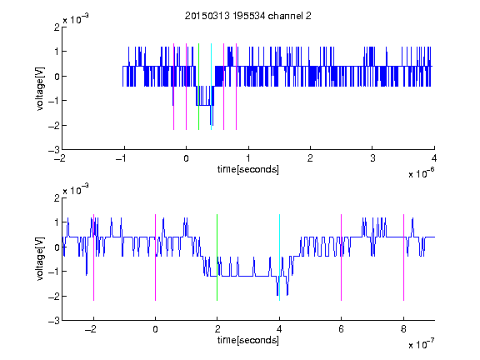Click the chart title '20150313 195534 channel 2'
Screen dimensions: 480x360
click(248, 16)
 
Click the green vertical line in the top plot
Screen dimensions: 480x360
click(198, 87)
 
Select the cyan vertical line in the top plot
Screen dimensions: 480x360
click(211, 87)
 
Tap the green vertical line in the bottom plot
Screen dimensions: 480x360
click(217, 257)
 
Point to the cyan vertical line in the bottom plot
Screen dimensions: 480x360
click(279, 257)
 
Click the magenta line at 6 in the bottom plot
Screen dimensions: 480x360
click(342, 257)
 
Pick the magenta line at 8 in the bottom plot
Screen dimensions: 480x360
click(404, 257)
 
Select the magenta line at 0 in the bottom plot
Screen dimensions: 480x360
click(156, 257)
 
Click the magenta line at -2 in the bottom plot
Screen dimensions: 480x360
click(93, 257)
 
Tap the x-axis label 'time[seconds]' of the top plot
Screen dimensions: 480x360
click(248, 169)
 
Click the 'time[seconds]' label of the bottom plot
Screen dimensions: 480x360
click(248, 340)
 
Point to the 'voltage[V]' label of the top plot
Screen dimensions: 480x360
click(40, 88)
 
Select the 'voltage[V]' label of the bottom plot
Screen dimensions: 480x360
click(40, 259)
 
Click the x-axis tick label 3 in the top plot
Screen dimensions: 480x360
click(372, 158)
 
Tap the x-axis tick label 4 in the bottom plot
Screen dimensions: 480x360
click(279, 329)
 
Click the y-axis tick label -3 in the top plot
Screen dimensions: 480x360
click(54, 150)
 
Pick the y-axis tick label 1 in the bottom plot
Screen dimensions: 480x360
click(57, 222)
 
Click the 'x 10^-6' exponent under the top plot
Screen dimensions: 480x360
click(422, 173)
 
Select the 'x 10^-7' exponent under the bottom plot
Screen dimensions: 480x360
click(422, 344)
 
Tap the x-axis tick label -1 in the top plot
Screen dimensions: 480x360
click(122, 158)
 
